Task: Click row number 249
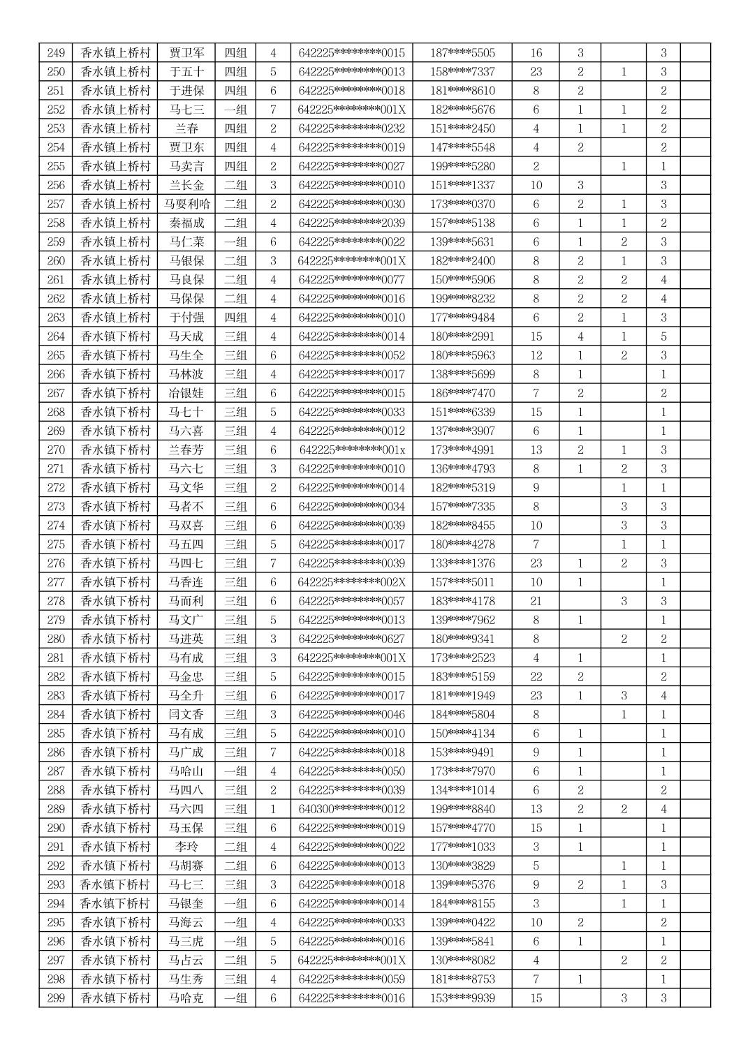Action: pyautogui.click(x=56, y=53)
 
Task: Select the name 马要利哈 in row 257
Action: pyautogui.click(x=186, y=204)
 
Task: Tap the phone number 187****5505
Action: pyautogui.click(x=462, y=53)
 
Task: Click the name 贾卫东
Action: pyautogui.click(x=186, y=147)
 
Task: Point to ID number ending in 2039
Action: pyautogui.click(x=351, y=223)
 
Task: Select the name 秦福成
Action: pyautogui.click(x=186, y=223)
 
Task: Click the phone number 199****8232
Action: pyautogui.click(x=462, y=299)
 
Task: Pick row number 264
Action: pyautogui.click(x=56, y=336)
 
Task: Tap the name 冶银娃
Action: pyautogui.click(x=186, y=393)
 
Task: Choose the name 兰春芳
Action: pyautogui.click(x=186, y=450)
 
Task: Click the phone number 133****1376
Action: pyautogui.click(x=462, y=563)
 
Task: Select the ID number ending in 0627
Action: pyautogui.click(x=351, y=639)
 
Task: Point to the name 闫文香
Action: pyautogui.click(x=186, y=714)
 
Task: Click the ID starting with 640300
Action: pyautogui.click(x=351, y=809)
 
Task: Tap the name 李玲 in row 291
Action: pyautogui.click(x=186, y=847)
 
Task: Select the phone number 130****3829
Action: pyautogui.click(x=462, y=866)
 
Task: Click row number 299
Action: pyautogui.click(x=56, y=997)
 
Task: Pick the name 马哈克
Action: pyautogui.click(x=186, y=997)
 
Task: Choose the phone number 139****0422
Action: pyautogui.click(x=462, y=922)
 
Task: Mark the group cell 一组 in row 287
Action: pyautogui.click(x=235, y=771)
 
